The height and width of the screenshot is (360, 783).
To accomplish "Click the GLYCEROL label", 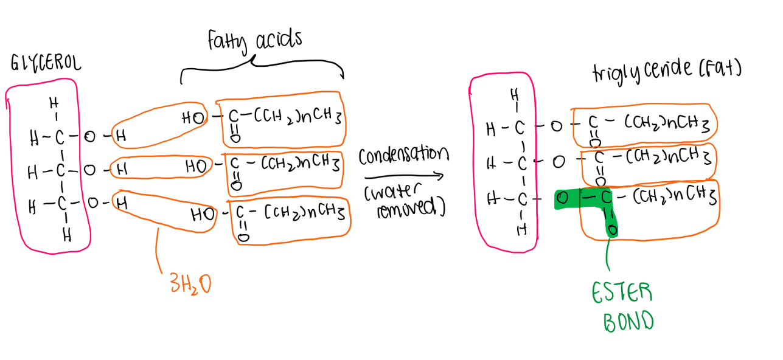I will pos(46,64).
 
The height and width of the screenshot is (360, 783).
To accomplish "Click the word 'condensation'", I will pos(403,156).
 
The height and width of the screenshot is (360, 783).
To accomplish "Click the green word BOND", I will pos(628,320).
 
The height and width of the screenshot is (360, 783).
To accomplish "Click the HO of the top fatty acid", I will pos(193,119).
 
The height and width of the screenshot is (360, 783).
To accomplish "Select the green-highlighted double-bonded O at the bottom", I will pos(612,230).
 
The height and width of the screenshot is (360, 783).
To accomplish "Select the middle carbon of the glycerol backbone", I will pos(60,171).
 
